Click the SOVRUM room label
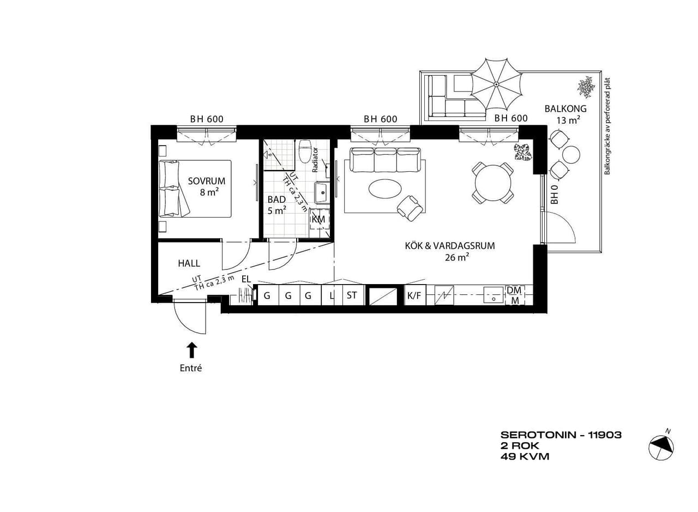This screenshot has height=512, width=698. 206,181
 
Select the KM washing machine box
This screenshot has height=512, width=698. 318,219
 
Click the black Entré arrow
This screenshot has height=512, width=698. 191,350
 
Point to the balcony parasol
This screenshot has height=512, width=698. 496,84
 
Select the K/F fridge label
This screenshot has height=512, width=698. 414,296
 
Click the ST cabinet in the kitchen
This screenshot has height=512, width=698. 353,295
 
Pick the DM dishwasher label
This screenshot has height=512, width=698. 514,291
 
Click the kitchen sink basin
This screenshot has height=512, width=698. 494,295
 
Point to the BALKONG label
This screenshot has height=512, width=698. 565,109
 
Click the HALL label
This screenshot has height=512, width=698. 189,263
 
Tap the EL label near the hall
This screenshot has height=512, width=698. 246,279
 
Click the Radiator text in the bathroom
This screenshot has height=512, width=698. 315,160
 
